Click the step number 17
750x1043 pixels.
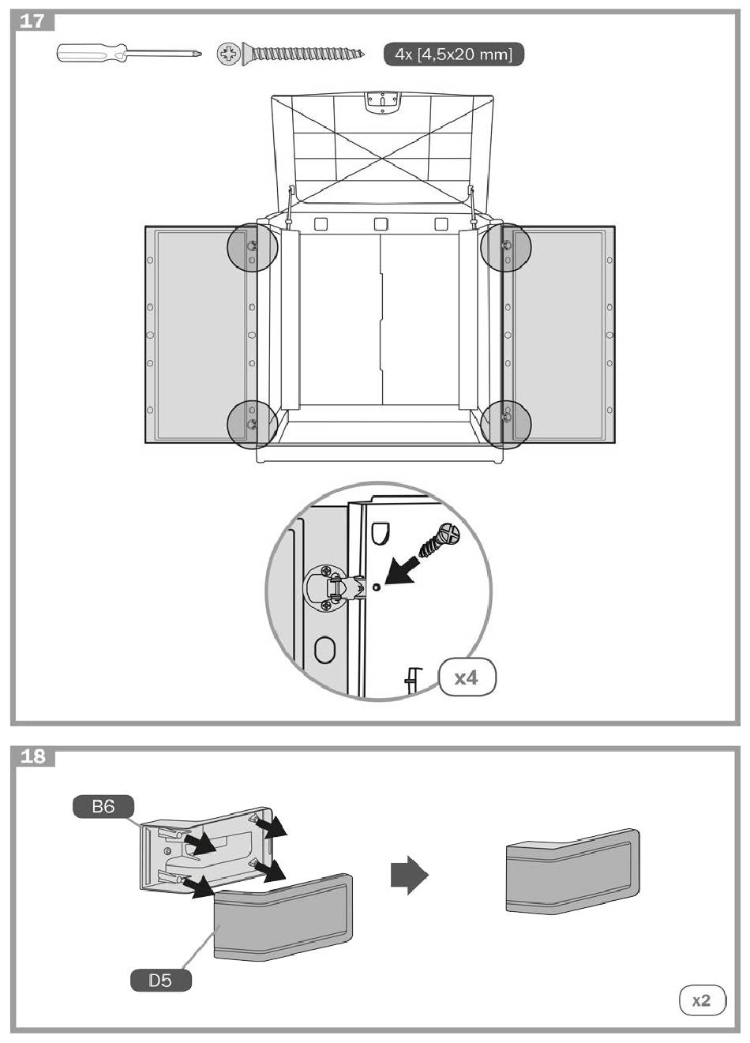coord(32,21)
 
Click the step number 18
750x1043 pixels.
coord(32,756)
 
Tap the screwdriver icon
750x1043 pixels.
coord(129,53)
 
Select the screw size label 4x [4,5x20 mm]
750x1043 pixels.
coord(453,54)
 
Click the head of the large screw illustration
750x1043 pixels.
coord(230,54)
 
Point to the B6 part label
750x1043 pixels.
coord(103,806)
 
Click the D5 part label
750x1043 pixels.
coord(160,980)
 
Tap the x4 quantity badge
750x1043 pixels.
coord(467,677)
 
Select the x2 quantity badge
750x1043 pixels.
coord(702,1000)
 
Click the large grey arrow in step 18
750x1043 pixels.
coord(409,875)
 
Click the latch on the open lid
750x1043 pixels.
coord(382,102)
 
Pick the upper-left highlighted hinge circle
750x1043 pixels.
coord(252,247)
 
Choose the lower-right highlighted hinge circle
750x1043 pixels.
coord(506,424)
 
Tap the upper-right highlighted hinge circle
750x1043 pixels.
coord(506,247)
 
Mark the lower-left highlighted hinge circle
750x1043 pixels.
coord(252,424)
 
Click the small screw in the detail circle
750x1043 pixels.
coord(439,539)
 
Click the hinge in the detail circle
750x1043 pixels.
coord(334,587)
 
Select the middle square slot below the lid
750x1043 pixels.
coord(381,224)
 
